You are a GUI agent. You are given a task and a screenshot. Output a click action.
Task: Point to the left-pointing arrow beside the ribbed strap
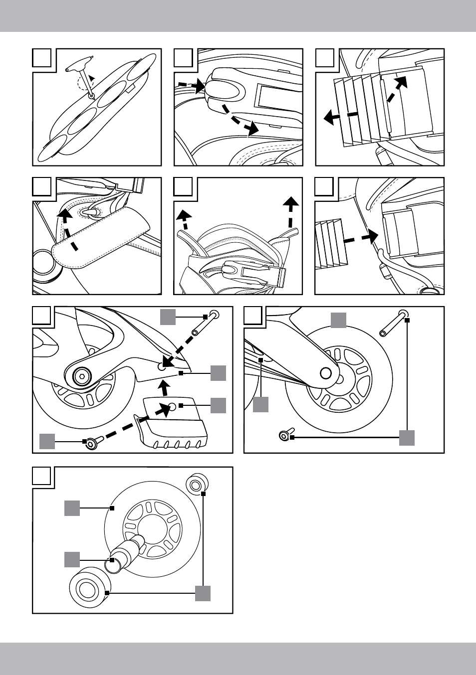point(340,117)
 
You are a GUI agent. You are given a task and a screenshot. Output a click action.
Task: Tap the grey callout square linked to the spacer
point(72,559)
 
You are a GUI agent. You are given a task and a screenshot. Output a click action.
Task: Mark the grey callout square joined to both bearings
point(203,593)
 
